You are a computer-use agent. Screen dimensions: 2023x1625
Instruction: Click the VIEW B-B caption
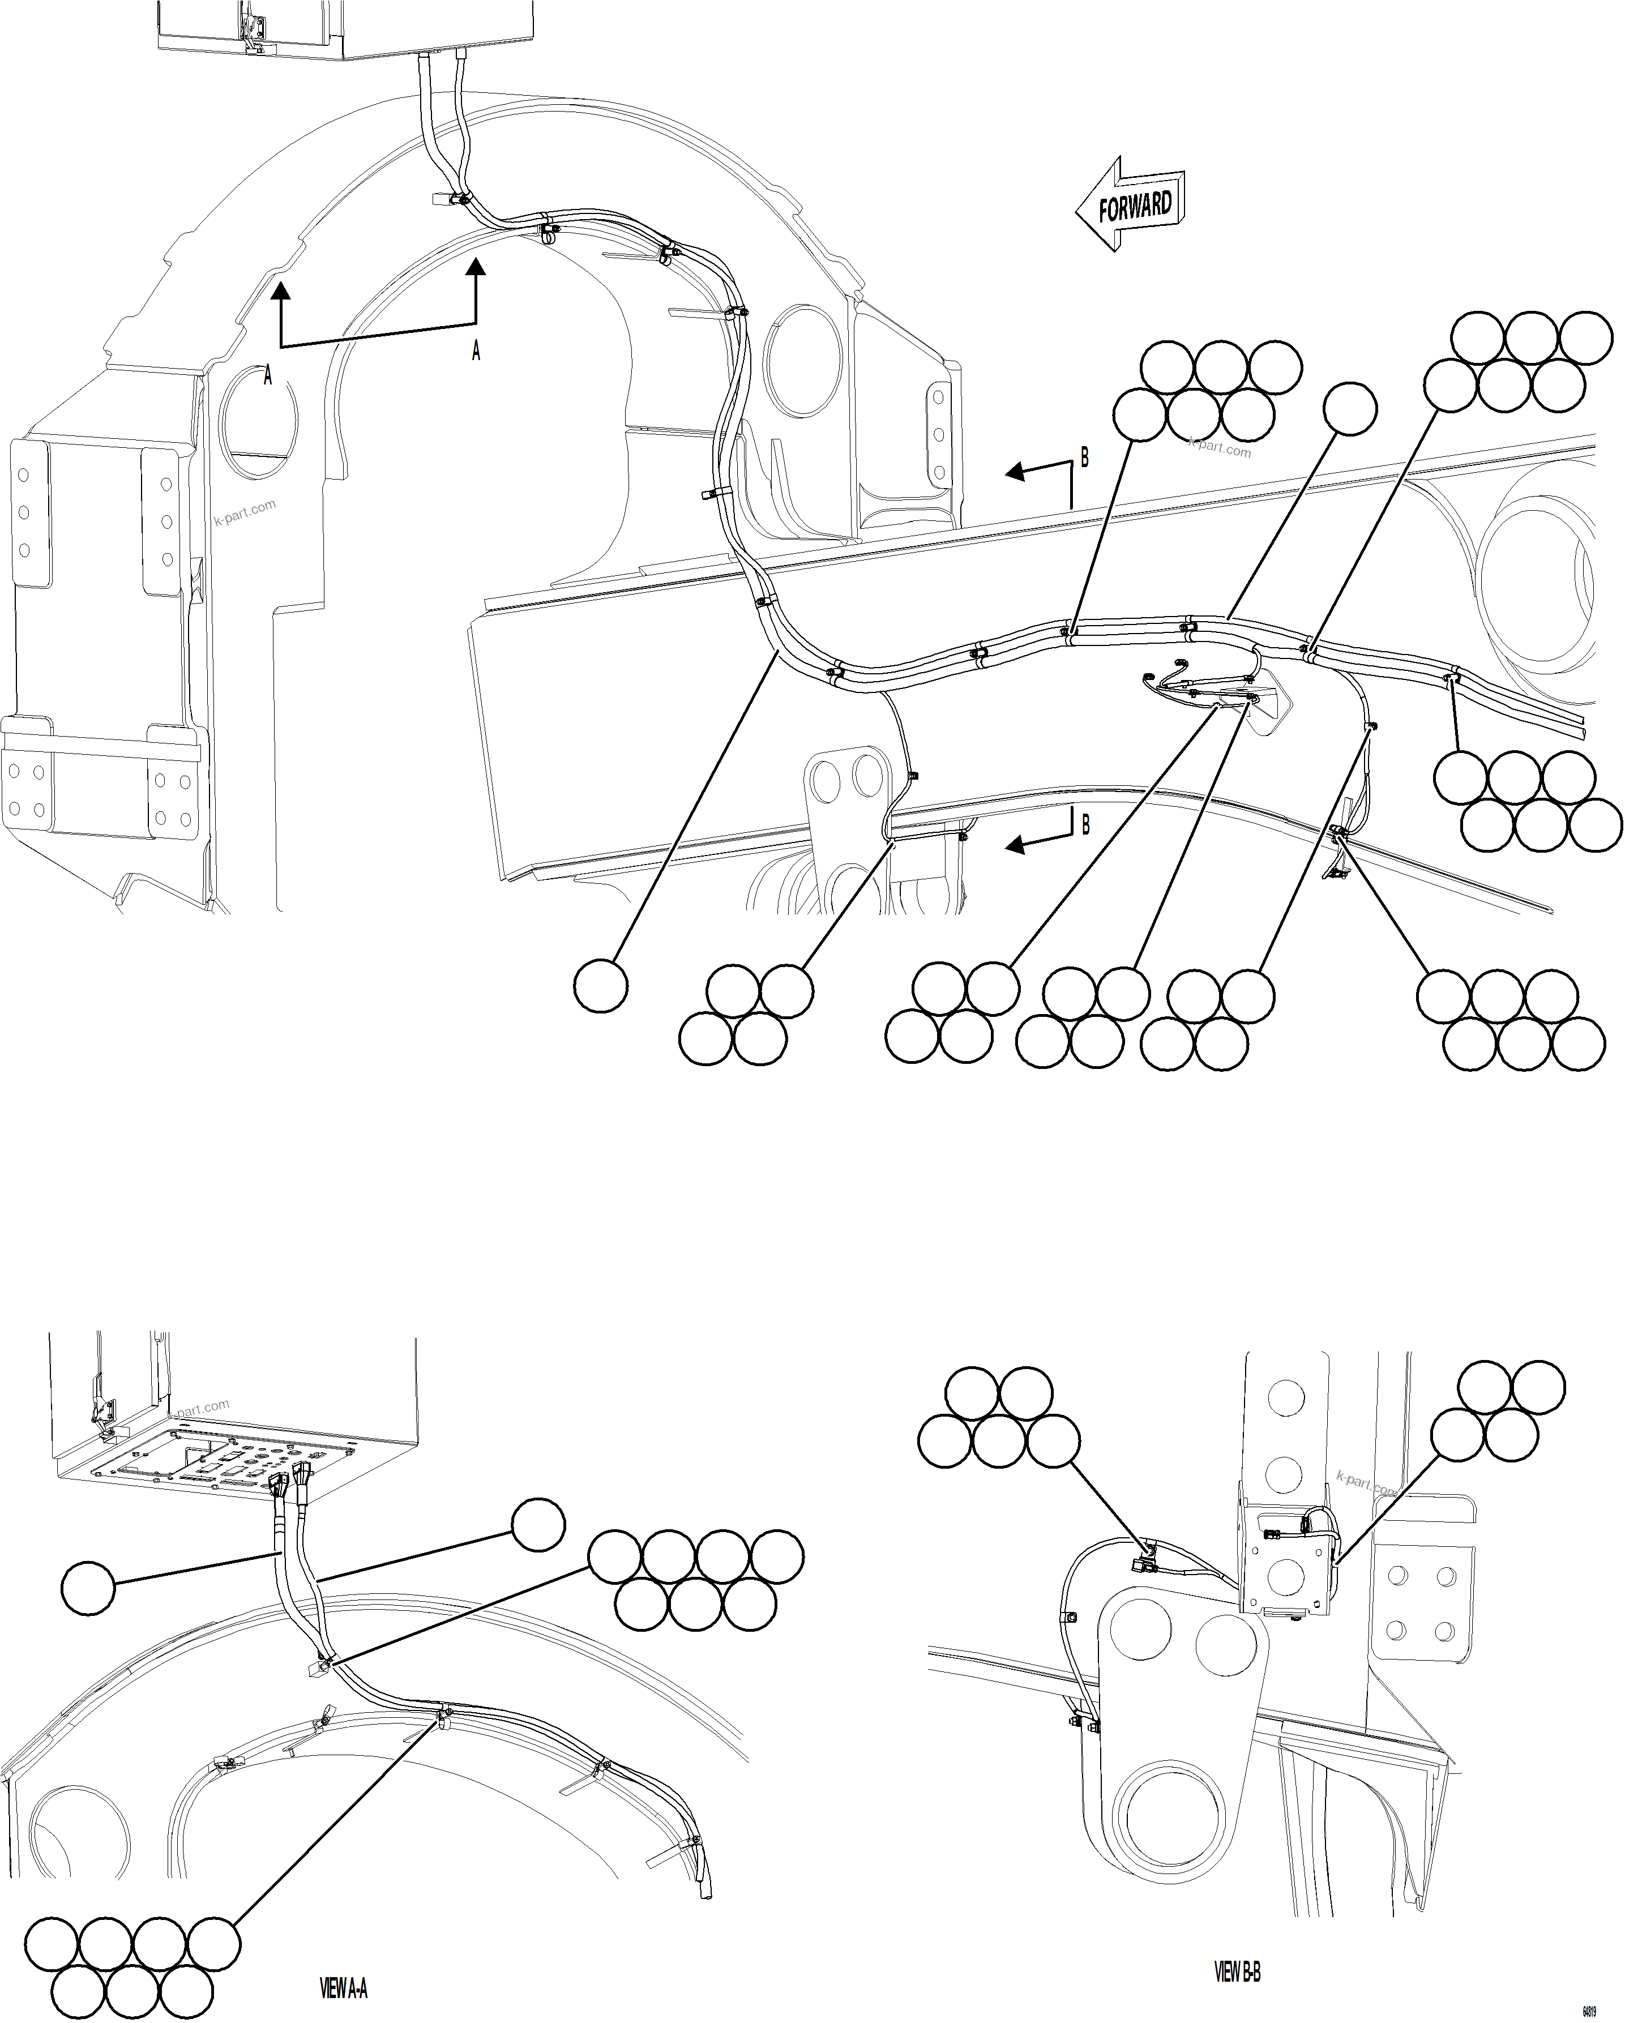pyautogui.click(x=1237, y=1945)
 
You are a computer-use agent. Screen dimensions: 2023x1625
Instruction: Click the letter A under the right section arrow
pyautogui.click(x=476, y=351)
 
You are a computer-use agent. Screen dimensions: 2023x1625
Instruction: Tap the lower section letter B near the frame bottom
pyautogui.click(x=1085, y=825)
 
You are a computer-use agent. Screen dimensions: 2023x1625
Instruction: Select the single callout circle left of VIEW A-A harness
pyautogui.click(x=88, y=1589)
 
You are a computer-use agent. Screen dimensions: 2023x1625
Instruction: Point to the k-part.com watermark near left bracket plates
pyautogui.click(x=245, y=512)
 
